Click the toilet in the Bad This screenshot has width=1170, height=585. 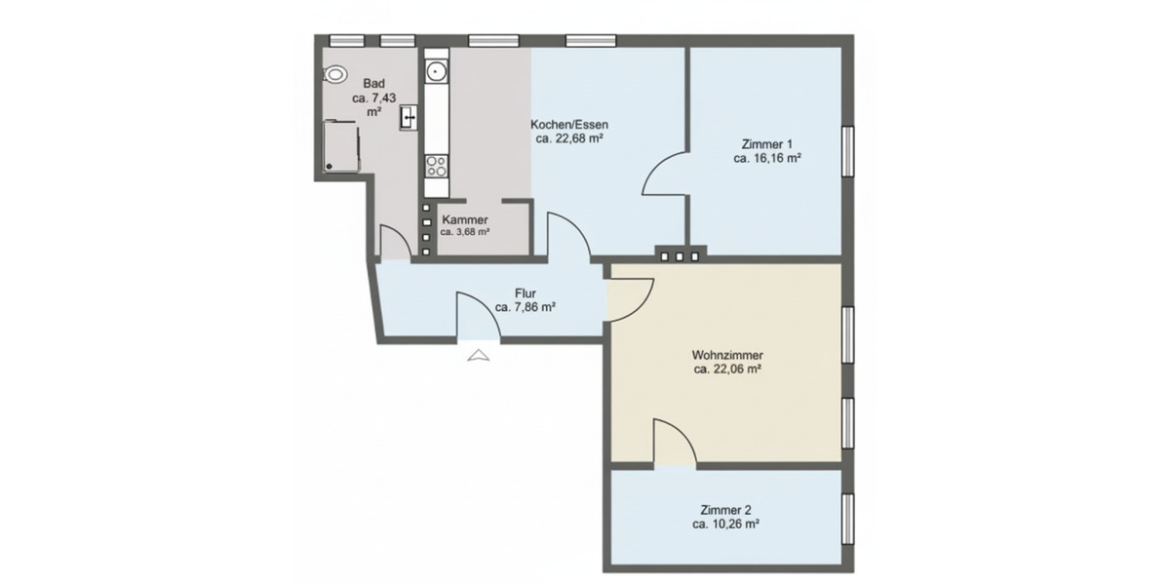click(336, 74)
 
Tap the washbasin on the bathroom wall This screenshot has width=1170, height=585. click(409, 117)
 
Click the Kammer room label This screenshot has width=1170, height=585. click(464, 219)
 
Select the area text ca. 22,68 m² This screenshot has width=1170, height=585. click(568, 139)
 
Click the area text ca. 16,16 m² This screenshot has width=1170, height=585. click(767, 157)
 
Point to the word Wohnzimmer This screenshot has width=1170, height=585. click(726, 355)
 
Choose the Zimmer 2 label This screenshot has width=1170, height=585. click(725, 509)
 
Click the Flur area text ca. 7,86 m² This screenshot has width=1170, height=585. click(525, 306)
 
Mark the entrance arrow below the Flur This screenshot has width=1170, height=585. click(478, 355)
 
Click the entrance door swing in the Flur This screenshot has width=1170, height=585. click(478, 317)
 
